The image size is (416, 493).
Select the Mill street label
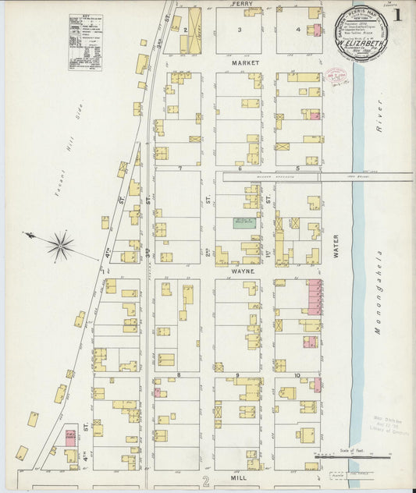pyautogui.click(x=238, y=474)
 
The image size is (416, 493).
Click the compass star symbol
pyautogui.click(x=60, y=247)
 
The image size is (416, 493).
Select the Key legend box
pyautogui.click(x=86, y=43)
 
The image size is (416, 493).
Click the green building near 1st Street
pyautogui.click(x=245, y=223)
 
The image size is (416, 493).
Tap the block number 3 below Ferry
pyautogui.click(x=240, y=30)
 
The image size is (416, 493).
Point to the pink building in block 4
pyautogui.click(x=318, y=30)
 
